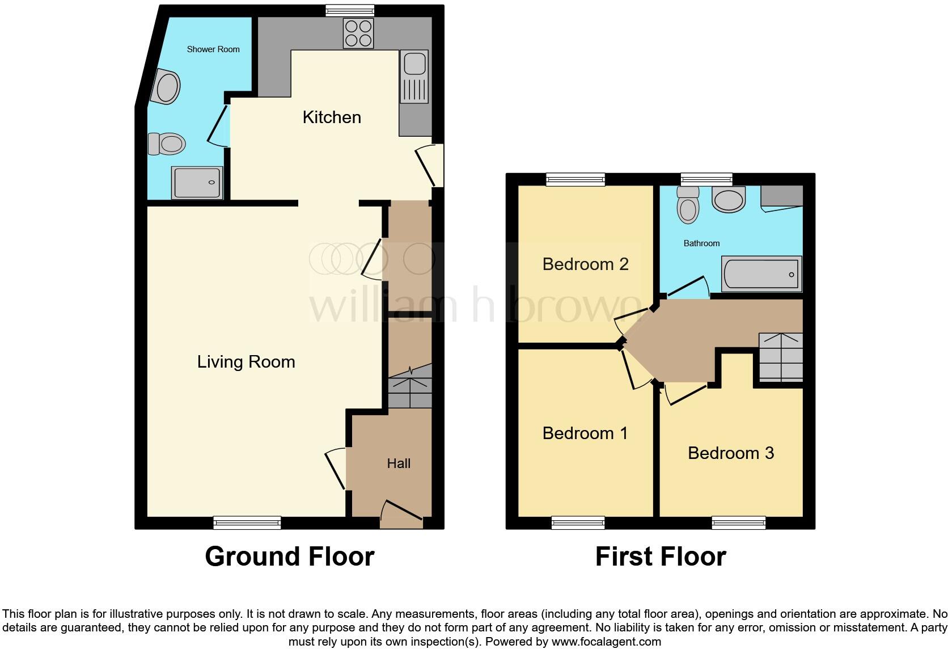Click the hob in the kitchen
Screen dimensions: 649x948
[x=358, y=33]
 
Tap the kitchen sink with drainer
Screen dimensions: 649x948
[x=414, y=77]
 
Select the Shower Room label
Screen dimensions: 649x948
[x=213, y=49]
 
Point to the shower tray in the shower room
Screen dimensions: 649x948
[x=197, y=183]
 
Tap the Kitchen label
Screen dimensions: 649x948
[x=332, y=117]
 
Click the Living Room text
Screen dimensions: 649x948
[x=246, y=362]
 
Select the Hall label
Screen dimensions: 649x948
[x=399, y=463]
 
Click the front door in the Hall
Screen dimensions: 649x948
[x=401, y=513]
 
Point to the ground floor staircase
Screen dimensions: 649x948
[x=410, y=387]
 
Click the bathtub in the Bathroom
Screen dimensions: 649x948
[x=761, y=274]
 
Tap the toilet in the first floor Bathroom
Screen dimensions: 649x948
[x=688, y=204]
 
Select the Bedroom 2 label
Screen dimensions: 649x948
[x=585, y=264]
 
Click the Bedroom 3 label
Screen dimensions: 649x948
[x=731, y=453]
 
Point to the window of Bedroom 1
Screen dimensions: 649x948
[x=578, y=522]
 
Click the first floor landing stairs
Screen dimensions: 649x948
[x=781, y=357]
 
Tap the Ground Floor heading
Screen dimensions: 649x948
[x=289, y=557]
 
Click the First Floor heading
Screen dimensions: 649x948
[x=661, y=557]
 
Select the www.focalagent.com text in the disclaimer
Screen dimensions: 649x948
[x=606, y=642]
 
